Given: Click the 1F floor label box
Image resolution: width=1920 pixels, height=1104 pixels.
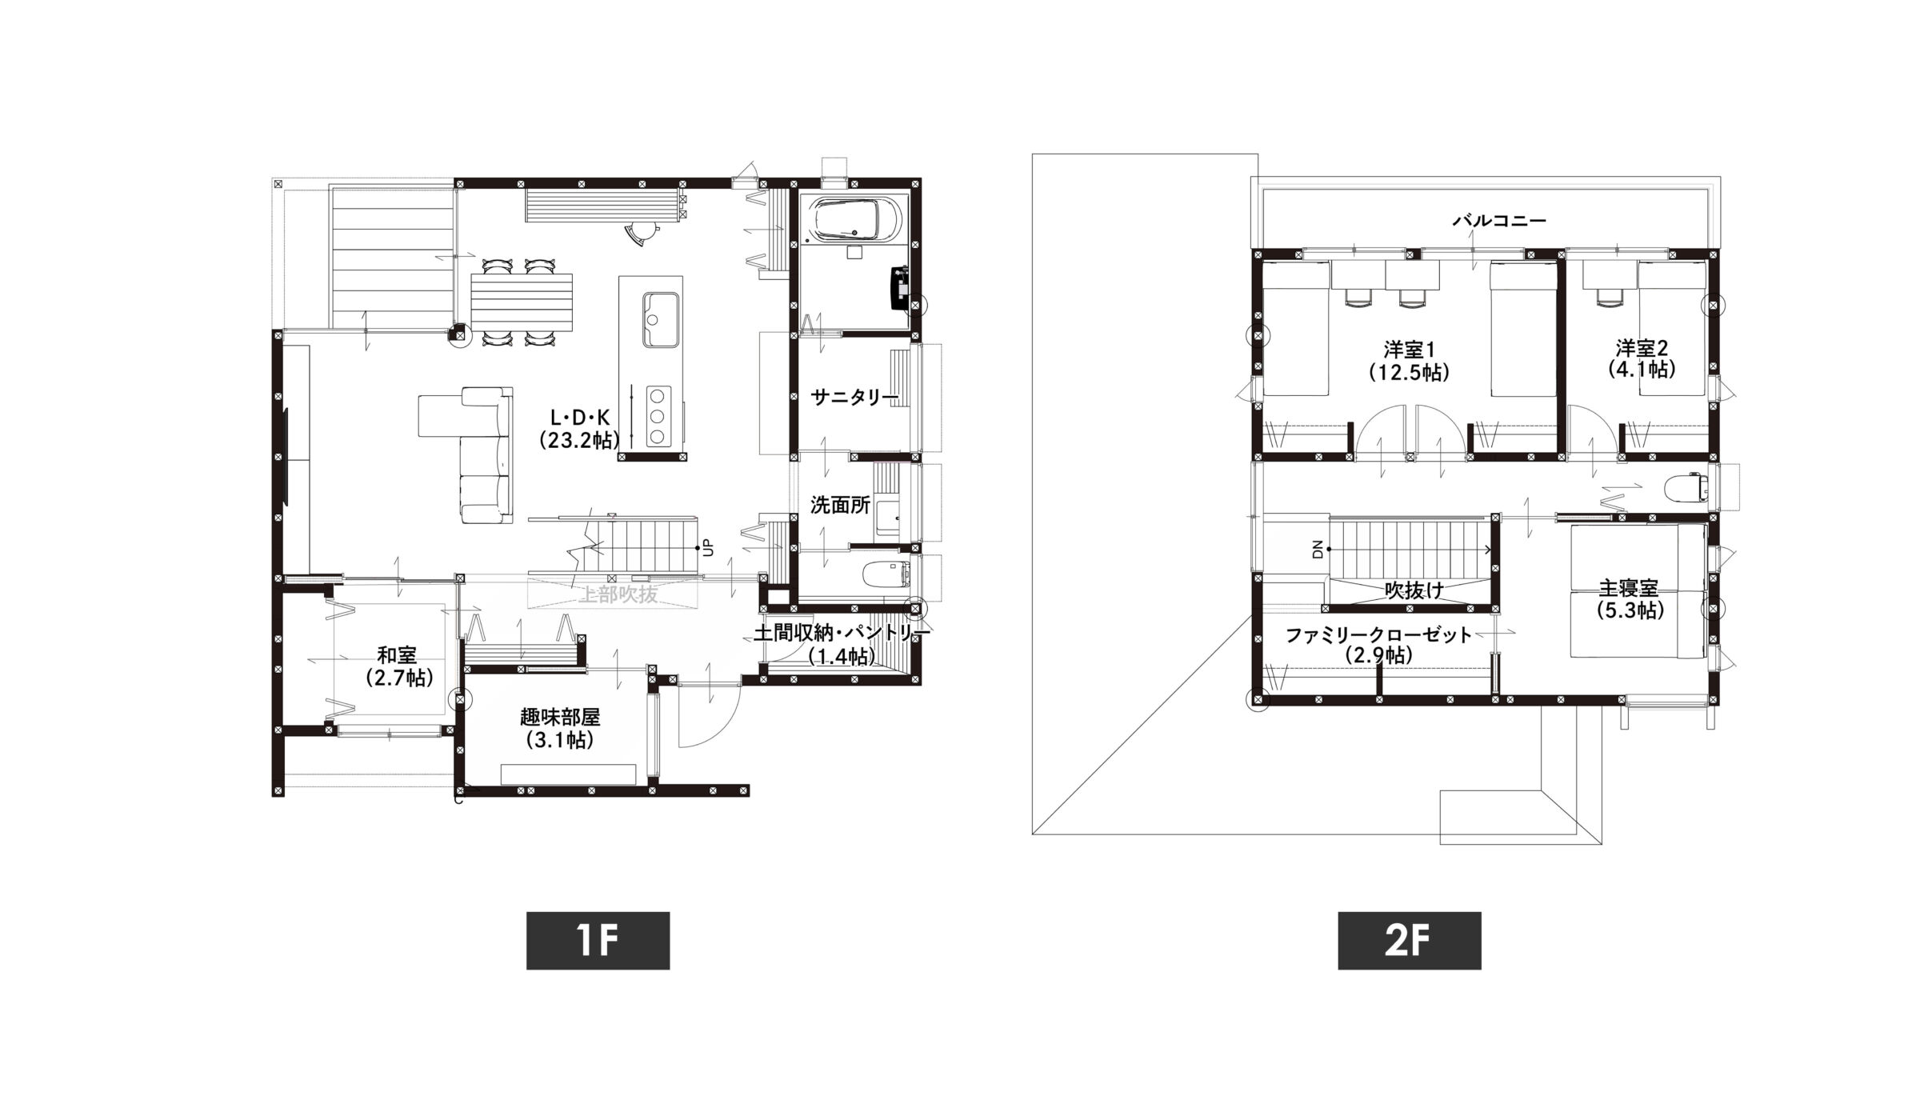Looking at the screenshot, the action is [598, 941].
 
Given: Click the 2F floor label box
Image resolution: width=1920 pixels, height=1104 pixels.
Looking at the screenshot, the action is [1409, 941].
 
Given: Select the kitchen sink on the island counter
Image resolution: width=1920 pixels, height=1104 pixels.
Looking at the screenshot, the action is [660, 320].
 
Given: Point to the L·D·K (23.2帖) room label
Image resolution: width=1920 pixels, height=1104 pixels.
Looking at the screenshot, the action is [579, 428].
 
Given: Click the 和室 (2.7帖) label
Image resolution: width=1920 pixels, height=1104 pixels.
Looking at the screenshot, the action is [398, 666].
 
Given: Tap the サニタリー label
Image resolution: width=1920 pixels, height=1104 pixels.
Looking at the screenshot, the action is [854, 397].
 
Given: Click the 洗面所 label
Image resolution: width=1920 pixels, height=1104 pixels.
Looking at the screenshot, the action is [839, 505].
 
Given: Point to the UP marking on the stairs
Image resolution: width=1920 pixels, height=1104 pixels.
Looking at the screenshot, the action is [708, 549].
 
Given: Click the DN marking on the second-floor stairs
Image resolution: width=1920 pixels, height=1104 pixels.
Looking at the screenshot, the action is [1318, 549].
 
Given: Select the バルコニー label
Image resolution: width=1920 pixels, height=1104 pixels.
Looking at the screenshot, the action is [1499, 221].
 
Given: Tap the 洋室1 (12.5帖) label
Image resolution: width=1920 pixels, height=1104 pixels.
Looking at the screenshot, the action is [1409, 361].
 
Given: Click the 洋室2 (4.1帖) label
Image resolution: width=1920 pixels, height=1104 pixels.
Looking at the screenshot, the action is [1642, 358].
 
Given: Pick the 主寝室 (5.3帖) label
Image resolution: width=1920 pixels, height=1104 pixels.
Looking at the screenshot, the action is [1630, 599].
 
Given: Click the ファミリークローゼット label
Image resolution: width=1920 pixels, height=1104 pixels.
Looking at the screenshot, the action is [1378, 635].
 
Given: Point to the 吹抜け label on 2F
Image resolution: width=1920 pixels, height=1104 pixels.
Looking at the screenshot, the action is [1414, 590].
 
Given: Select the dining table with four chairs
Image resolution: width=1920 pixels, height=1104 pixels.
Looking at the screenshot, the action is [522, 302].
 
